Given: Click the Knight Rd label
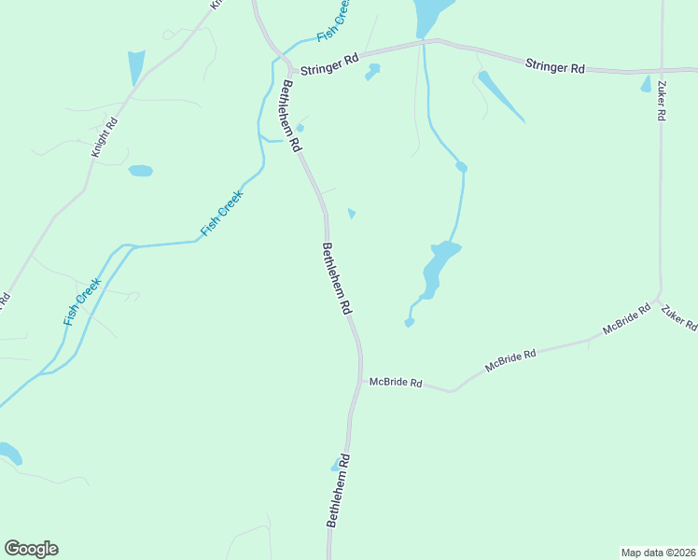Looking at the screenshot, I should [x=104, y=136].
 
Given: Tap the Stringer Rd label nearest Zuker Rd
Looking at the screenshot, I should [x=554, y=67].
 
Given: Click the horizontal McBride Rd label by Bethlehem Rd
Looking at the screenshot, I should [x=396, y=383].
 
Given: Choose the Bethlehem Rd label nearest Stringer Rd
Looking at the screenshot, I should [x=291, y=116].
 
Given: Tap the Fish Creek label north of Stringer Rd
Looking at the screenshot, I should [x=334, y=21].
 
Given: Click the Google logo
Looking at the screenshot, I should [x=31, y=549].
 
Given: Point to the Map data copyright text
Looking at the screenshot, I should [x=657, y=552].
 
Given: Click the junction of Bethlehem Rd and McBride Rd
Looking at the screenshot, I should [x=360, y=382].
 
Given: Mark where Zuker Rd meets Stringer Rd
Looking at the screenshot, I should [x=661, y=71].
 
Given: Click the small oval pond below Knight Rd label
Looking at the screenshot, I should [x=140, y=171].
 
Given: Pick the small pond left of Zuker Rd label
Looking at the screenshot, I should [x=646, y=84].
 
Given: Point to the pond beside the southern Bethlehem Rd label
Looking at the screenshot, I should [x=335, y=465].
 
